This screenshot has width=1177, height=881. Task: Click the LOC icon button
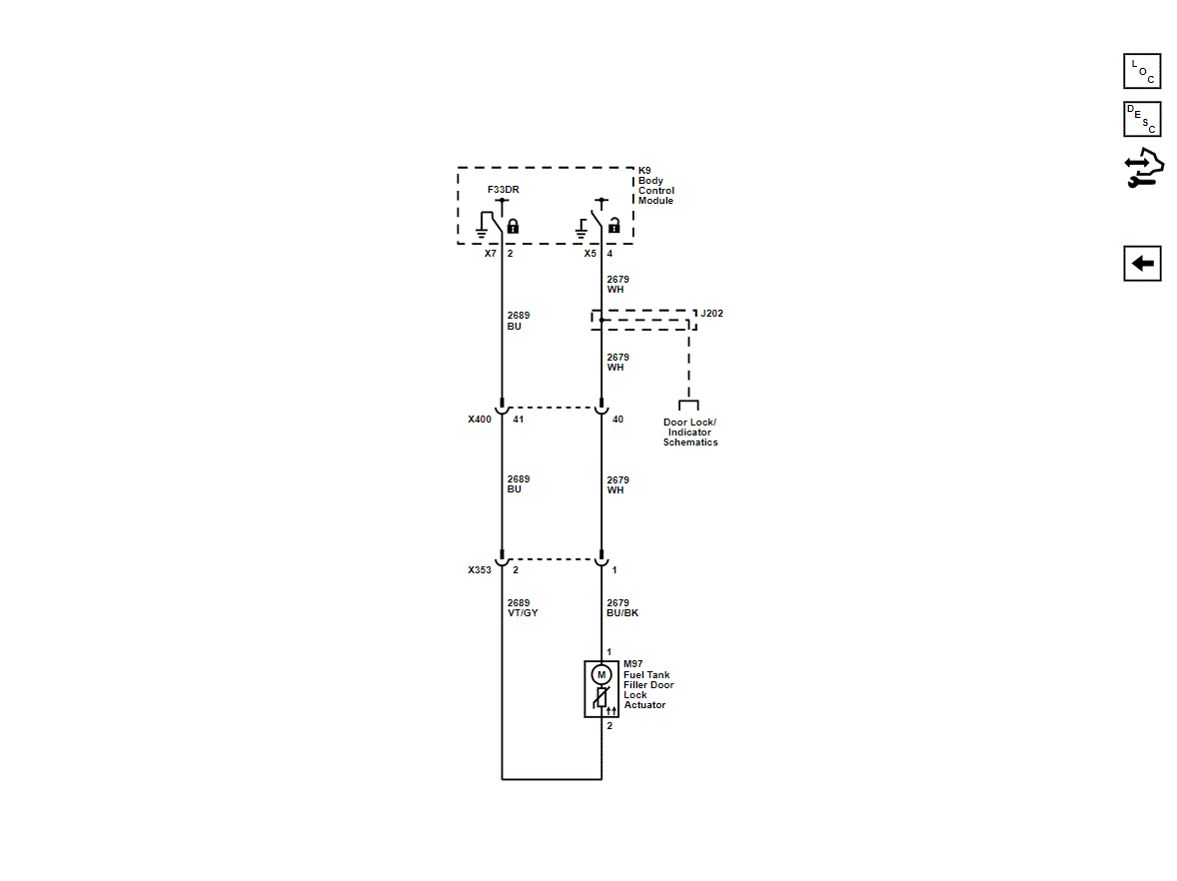click(x=1142, y=71)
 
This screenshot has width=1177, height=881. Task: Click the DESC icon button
click(x=1142, y=119)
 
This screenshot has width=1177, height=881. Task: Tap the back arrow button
click(x=1142, y=264)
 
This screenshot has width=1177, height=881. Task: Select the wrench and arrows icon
click(x=1144, y=168)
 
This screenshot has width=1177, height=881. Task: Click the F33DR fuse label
click(x=503, y=189)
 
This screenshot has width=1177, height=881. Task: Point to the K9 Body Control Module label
click(x=656, y=186)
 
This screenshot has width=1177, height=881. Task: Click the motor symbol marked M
click(x=601, y=674)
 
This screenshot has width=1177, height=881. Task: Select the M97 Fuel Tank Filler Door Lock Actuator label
click(x=648, y=684)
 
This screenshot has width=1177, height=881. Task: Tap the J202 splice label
click(x=711, y=313)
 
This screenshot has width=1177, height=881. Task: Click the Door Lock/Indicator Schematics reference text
click(x=689, y=433)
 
